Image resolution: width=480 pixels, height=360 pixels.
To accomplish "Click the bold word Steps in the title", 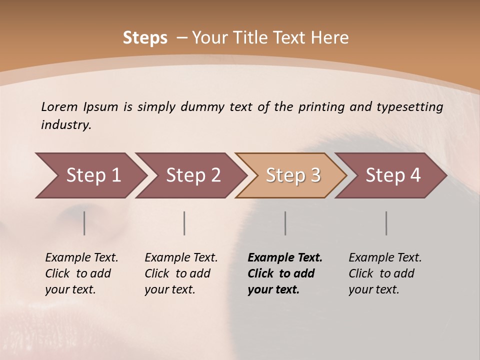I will [x=145, y=38].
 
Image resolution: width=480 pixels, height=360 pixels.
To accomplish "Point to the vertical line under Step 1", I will [x=84, y=223].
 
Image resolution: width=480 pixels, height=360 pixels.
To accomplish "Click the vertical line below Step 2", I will [x=184, y=223].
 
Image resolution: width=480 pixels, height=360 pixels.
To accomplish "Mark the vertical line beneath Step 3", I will [x=285, y=223].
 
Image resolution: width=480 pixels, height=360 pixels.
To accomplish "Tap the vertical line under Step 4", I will [x=386, y=223].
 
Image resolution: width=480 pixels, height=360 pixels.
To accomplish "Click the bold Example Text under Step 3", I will [x=285, y=258].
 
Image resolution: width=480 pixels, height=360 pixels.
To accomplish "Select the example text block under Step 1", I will [x=81, y=273].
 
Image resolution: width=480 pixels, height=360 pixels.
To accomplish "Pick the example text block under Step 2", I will [x=181, y=273].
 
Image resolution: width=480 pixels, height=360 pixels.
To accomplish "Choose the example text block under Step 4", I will [x=385, y=273].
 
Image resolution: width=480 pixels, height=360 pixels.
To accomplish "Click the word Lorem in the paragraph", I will [x=59, y=107].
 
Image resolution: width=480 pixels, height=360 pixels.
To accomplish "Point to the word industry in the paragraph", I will [x=65, y=125].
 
